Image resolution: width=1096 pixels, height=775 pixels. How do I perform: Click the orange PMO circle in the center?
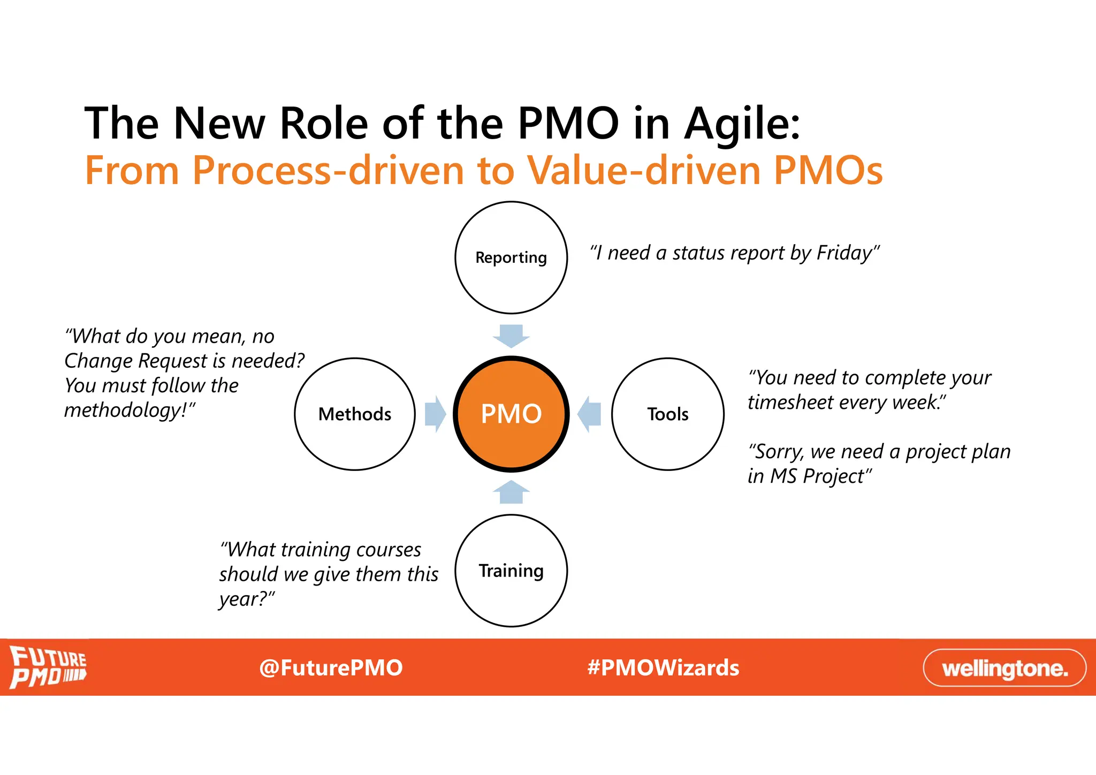(511, 414)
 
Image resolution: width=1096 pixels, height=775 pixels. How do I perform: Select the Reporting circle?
(511, 257)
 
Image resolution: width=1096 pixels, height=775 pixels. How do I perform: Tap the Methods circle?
(355, 414)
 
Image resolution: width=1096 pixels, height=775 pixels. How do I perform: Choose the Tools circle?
(668, 414)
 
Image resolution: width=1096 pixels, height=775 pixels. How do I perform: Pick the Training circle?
(511, 571)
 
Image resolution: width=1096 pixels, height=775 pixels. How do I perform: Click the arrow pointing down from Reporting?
(511, 336)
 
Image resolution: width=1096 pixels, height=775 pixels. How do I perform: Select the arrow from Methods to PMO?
(435, 414)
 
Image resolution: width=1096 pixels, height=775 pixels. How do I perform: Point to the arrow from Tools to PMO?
(589, 414)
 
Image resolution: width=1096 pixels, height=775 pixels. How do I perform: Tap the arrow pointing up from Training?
(511, 492)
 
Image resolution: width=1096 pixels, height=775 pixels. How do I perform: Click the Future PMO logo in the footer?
(48, 667)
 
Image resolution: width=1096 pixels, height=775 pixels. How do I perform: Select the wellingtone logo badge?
(1004, 667)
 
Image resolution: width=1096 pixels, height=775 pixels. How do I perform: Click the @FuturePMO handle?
(331, 668)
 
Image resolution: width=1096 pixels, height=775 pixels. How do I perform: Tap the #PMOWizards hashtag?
(663, 668)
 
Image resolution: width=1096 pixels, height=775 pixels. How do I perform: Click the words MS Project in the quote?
(817, 476)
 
